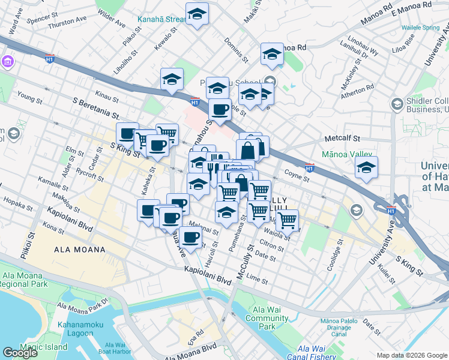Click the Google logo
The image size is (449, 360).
pyautogui.click(x=20, y=353)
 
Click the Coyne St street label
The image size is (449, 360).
pyautogui.click(x=297, y=176)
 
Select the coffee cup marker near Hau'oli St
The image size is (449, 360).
pyautogui.click(x=191, y=237)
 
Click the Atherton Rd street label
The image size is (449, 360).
pyautogui.click(x=357, y=91)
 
